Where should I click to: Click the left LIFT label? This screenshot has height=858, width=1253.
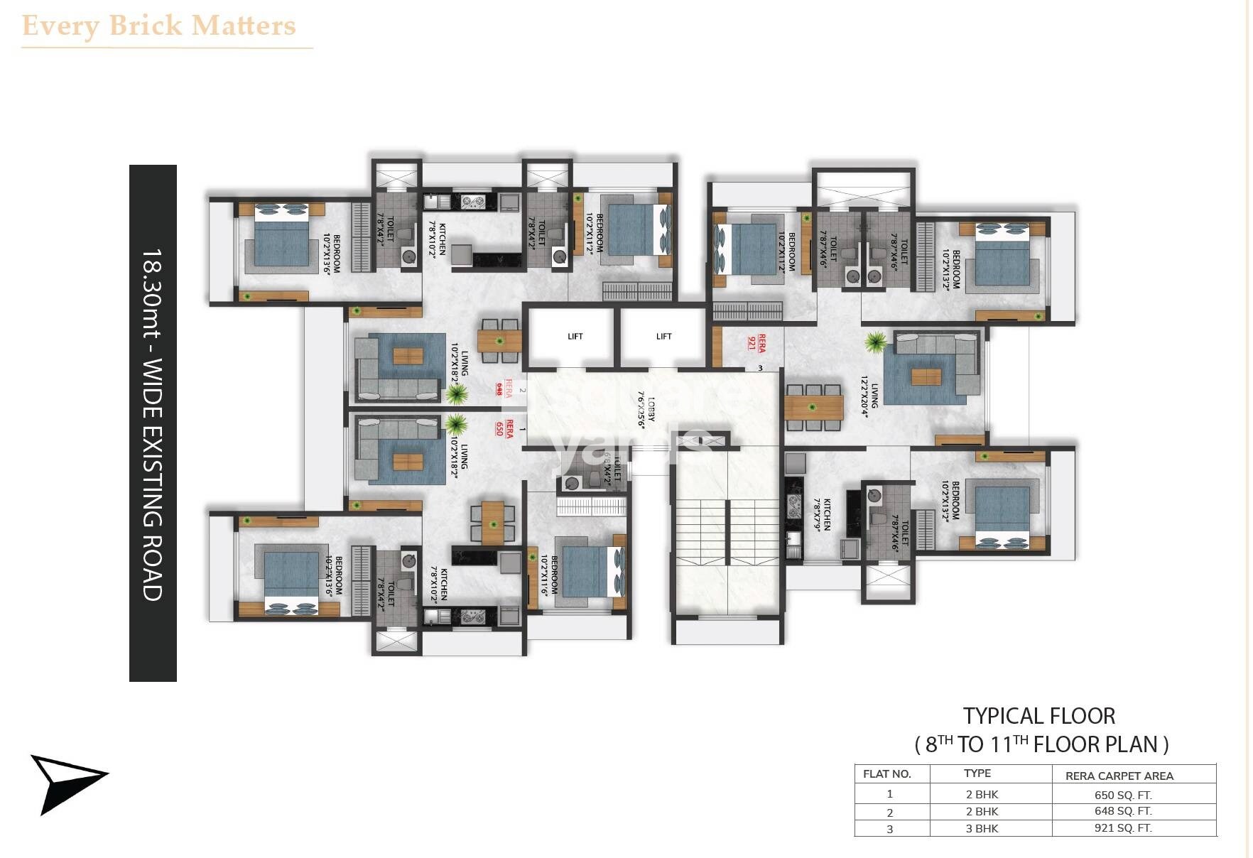[575, 337]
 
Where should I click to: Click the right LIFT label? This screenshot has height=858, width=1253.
[663, 337]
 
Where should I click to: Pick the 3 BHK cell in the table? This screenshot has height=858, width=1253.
[982, 829]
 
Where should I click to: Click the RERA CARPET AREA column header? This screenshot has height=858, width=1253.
[1119, 776]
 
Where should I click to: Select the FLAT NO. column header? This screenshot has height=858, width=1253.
[886, 774]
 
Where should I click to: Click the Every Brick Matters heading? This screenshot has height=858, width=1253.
[159, 26]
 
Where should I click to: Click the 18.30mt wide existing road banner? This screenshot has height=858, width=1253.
[153, 423]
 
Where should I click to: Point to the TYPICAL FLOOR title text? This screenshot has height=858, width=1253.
[1038, 716]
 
